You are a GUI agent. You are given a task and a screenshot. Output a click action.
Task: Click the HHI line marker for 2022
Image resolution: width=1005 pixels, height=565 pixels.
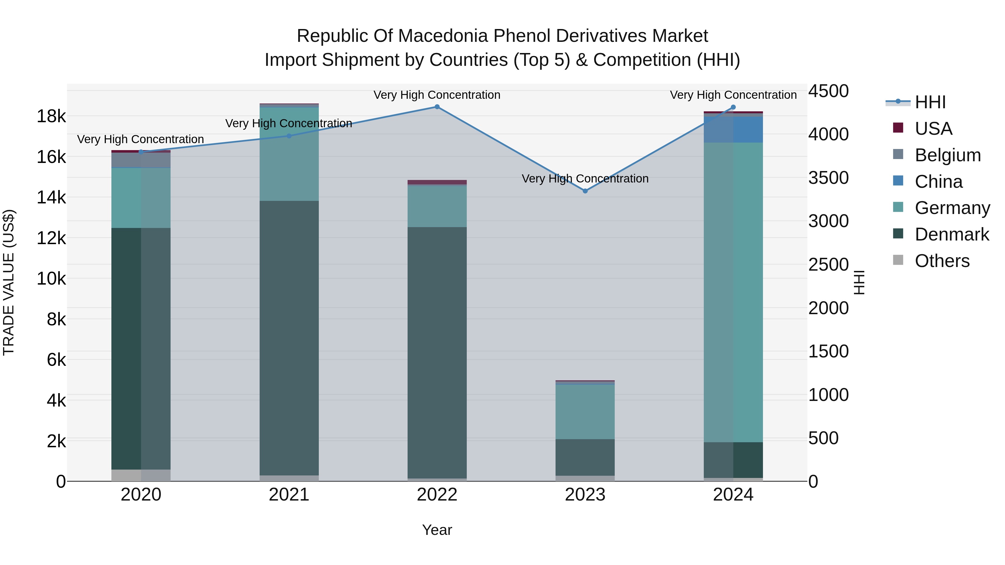[x=437, y=107]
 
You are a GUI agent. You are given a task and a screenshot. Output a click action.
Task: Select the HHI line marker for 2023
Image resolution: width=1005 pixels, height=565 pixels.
[x=585, y=191]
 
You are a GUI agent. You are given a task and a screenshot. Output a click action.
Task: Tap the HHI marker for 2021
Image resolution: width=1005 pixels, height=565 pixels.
[x=289, y=136]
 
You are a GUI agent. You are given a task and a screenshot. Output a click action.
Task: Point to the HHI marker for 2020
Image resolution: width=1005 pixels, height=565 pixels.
[x=141, y=152]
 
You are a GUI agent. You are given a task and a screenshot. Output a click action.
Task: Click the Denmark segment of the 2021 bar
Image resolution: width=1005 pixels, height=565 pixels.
[x=289, y=338]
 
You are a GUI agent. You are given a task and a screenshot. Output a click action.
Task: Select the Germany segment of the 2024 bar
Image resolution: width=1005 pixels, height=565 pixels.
[x=733, y=292]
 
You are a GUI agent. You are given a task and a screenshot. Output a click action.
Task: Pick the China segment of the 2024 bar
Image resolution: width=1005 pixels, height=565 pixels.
[x=733, y=130]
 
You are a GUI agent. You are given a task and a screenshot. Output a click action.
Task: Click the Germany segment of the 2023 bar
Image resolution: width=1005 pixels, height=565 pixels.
[x=585, y=412]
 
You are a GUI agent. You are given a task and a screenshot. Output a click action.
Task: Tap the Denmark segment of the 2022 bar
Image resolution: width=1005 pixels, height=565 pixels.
[x=437, y=353]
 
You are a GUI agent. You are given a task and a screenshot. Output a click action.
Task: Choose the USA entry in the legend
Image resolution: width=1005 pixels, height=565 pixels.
[x=933, y=129]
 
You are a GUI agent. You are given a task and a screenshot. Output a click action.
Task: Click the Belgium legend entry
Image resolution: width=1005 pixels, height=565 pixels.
[x=947, y=155]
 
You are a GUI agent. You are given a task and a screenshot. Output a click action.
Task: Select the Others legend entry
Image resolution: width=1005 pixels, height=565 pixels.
[x=942, y=261]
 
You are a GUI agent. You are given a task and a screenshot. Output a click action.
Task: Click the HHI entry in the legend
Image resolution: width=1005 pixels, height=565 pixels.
[x=930, y=102]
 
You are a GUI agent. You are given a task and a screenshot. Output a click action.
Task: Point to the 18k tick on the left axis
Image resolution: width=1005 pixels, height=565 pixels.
[x=51, y=116]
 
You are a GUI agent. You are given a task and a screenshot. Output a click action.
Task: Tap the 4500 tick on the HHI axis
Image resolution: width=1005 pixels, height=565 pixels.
[x=828, y=91]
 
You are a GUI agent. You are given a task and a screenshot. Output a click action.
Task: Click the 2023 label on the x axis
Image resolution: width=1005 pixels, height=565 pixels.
[x=585, y=495]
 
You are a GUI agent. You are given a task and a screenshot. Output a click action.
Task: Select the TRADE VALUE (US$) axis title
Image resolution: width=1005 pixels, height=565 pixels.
[x=9, y=282]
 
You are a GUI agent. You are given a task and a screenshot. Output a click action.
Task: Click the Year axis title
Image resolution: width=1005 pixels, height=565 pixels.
[x=437, y=530]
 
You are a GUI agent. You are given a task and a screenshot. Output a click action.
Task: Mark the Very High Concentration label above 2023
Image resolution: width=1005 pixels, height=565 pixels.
[x=585, y=179]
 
